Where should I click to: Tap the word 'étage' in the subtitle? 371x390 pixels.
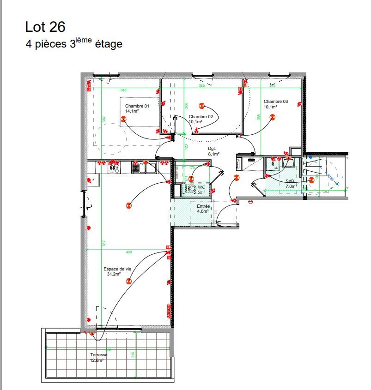coord(109,45)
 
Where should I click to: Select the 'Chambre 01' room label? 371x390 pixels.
coord(137,106)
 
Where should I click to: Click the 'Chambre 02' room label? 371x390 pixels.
coord(201,117)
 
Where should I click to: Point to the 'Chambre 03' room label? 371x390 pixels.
coord(276,102)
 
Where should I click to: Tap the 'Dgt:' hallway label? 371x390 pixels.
coord(212,149)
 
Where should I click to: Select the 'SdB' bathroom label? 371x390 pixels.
coord(290,181)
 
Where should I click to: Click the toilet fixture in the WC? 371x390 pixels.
coord(190,188)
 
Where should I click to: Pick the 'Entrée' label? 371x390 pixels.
coord(203,206)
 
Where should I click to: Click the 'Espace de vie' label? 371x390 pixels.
coord(116,269)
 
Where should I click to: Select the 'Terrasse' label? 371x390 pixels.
coord(99,355)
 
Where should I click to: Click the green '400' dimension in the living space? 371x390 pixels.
coord(129,252)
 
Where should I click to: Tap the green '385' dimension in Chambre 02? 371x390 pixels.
coord(201,85)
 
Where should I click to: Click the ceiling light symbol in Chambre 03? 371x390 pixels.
coord(273,118)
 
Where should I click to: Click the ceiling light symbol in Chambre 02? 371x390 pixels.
coord(201,106)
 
